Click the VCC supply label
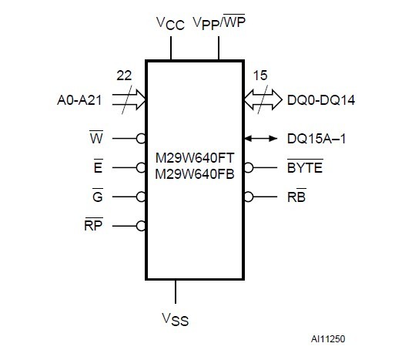pos(170,25)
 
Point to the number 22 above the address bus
pos(124,76)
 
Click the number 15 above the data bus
pos(259,76)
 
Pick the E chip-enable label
pos(97,167)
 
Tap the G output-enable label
pos(97,196)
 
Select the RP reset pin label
pos(95,225)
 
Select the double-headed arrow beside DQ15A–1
pos(263,138)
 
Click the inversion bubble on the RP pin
pos(141,226)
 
